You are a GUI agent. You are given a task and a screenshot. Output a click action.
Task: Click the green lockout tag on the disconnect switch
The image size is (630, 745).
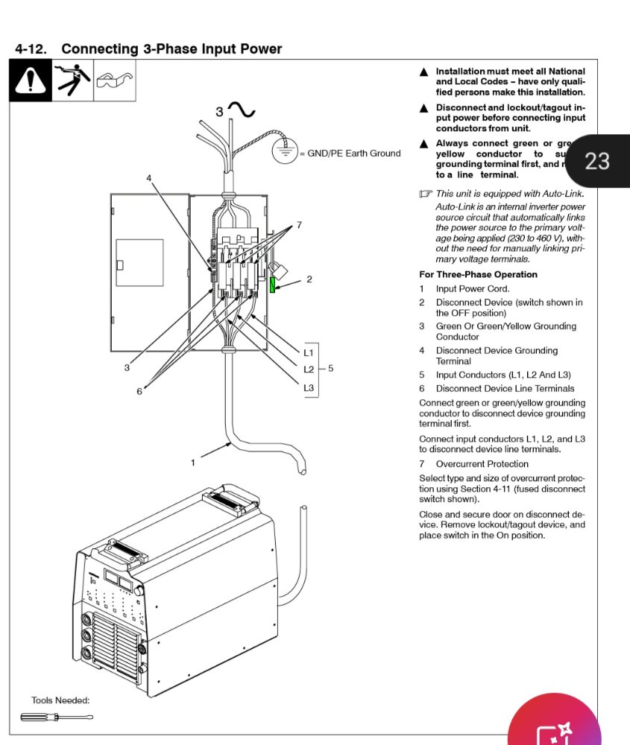coord(273,284)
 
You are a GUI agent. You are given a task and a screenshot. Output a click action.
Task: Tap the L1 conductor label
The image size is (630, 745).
coord(309,352)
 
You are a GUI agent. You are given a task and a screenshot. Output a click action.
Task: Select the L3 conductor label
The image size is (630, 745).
coord(309,387)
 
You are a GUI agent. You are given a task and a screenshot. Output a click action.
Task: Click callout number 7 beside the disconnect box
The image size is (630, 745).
coord(299,224)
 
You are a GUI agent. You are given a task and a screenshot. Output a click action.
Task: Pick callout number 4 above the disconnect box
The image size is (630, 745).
coord(149,179)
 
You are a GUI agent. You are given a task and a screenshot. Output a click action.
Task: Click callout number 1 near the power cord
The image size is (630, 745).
coord(192,463)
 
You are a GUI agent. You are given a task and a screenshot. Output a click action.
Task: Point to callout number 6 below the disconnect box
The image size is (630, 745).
coord(139,391)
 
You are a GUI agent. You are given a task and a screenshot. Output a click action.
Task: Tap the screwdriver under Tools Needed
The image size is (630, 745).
coord(56,717)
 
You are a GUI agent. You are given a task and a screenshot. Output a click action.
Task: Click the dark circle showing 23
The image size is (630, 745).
coord(596,160)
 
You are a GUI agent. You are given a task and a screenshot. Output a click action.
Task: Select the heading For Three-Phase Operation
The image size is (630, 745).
coord(478,274)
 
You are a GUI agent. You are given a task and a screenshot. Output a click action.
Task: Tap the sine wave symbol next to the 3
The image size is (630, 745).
coord(242,111)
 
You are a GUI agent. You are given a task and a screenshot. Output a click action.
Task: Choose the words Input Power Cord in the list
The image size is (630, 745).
coord(473,288)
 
